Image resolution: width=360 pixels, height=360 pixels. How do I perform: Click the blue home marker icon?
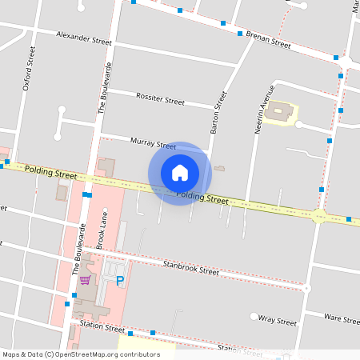[x=180, y=172]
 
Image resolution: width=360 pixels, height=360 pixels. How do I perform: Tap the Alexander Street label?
[x=83, y=37]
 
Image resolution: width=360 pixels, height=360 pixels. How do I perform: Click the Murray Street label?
[x=153, y=143]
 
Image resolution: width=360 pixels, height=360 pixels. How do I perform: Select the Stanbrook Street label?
[x=190, y=267]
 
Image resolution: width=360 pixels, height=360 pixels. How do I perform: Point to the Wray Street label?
[x=278, y=320]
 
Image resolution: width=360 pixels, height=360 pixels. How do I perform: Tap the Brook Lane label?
[x=102, y=231]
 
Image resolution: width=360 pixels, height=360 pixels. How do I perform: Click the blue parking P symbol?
[x=120, y=281]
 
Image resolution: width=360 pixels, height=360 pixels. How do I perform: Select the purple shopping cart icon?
[x=85, y=280]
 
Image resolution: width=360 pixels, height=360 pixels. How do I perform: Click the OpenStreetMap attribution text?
[x=81, y=354]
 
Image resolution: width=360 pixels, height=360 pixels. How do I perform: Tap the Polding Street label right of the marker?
[x=202, y=197]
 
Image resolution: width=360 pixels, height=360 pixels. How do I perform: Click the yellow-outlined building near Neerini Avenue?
[x=280, y=112]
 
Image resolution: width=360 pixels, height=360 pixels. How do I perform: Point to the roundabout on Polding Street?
[x=319, y=216]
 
